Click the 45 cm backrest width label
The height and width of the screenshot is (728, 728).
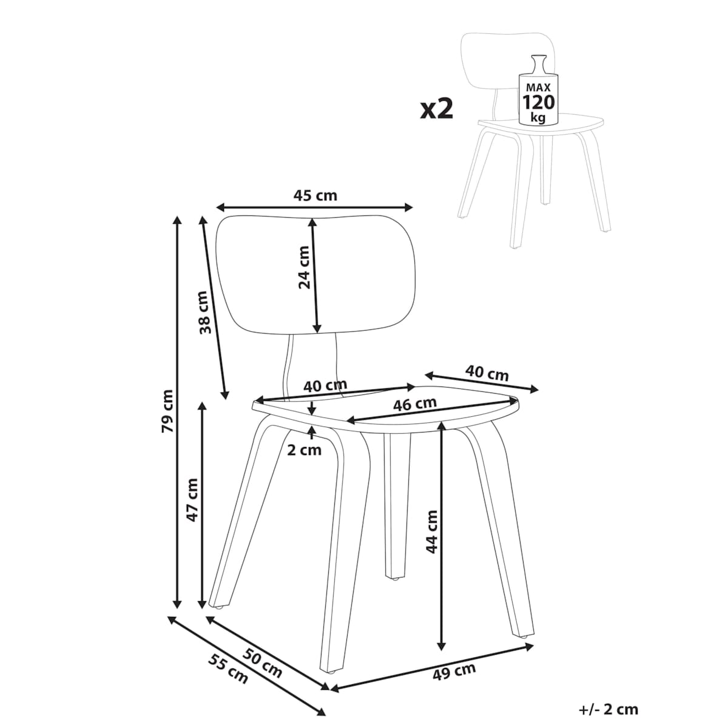(x=315, y=196)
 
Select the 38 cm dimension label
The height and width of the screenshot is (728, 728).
(x=206, y=312)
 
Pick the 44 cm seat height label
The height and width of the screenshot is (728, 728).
(x=431, y=531)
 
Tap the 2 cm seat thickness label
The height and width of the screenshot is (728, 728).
(x=304, y=451)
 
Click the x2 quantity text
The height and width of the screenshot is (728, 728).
(x=437, y=109)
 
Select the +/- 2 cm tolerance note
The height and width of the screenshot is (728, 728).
(x=608, y=709)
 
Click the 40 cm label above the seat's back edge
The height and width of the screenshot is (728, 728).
(x=325, y=385)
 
